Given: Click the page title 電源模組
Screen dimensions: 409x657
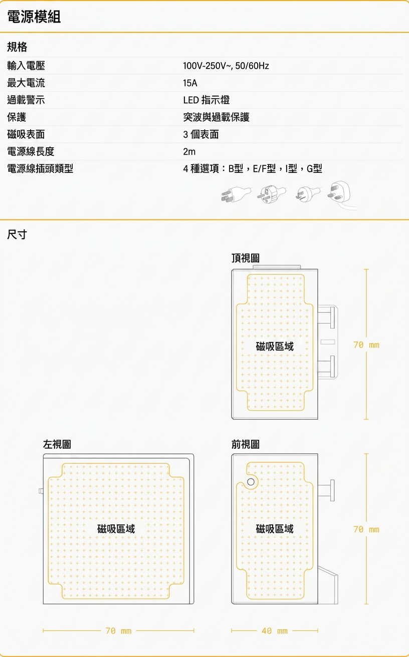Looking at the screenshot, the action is point(34,17).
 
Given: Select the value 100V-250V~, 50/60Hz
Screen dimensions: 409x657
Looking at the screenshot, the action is point(226,66).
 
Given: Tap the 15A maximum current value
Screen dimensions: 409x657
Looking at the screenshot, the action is point(190,83).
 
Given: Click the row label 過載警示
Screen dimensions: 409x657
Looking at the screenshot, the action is point(26,100).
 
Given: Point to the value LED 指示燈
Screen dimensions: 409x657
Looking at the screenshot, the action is point(206,100).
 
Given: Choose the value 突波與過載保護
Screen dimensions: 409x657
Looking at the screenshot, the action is point(216,117).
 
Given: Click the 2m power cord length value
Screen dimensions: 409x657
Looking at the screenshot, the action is point(189,152).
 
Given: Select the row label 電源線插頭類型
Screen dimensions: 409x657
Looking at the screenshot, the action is point(40,168).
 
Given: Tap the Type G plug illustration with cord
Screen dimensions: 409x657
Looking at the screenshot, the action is point(341,194).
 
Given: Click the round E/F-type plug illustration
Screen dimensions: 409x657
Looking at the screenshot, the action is point(271,194).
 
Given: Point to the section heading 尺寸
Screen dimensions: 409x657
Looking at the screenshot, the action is point(17,234).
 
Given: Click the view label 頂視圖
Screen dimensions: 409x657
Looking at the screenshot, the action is point(246,258).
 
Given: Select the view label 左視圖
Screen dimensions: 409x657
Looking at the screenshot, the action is point(57,444).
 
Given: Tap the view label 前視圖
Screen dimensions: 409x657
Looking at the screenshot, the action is point(246,444).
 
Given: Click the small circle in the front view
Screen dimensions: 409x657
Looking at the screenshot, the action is point(251,482).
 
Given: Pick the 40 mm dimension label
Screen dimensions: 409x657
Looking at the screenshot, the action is point(275,630).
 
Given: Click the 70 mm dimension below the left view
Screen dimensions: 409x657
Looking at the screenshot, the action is point(119,630).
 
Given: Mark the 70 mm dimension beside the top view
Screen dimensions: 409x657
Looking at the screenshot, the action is point(366,345).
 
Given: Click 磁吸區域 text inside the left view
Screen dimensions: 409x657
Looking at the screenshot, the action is point(116,529).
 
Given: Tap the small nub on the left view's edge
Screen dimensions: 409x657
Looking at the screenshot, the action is point(41,491).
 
